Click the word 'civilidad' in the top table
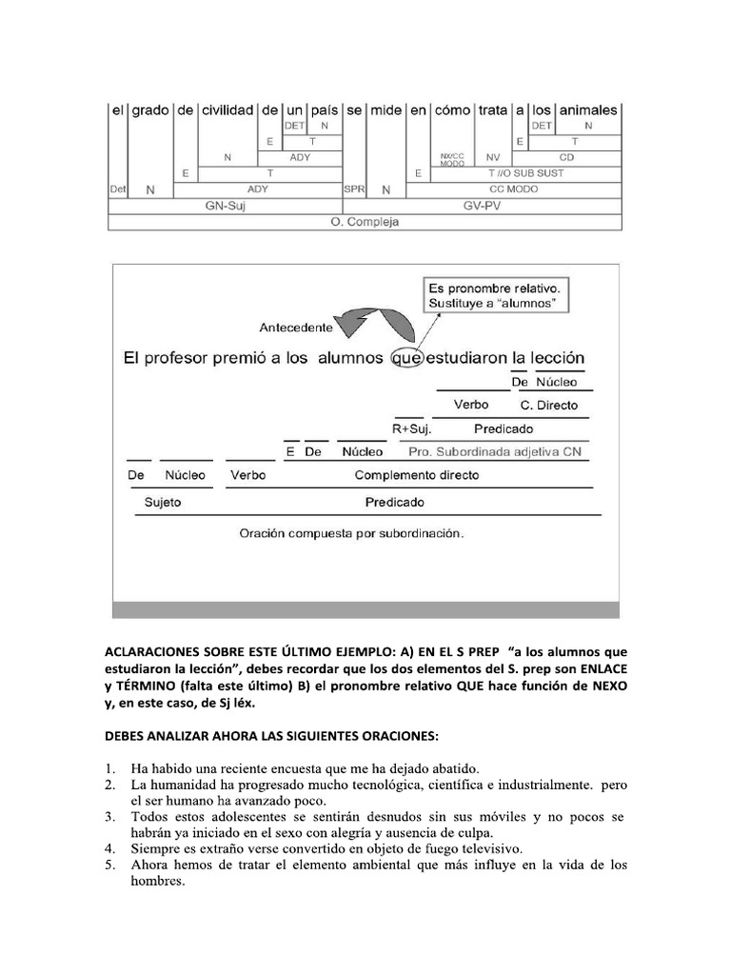[227, 110]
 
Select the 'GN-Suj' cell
[225, 206]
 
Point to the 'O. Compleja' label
[365, 222]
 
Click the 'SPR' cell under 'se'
[353, 189]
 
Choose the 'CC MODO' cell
[514, 189]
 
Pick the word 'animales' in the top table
[588, 110]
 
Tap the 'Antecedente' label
[296, 328]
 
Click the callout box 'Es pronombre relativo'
[492, 295]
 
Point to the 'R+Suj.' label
[412, 428]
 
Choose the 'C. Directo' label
[556, 405]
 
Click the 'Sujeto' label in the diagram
[162, 502]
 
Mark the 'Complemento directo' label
[417, 474]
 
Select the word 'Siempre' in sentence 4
[154, 847]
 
